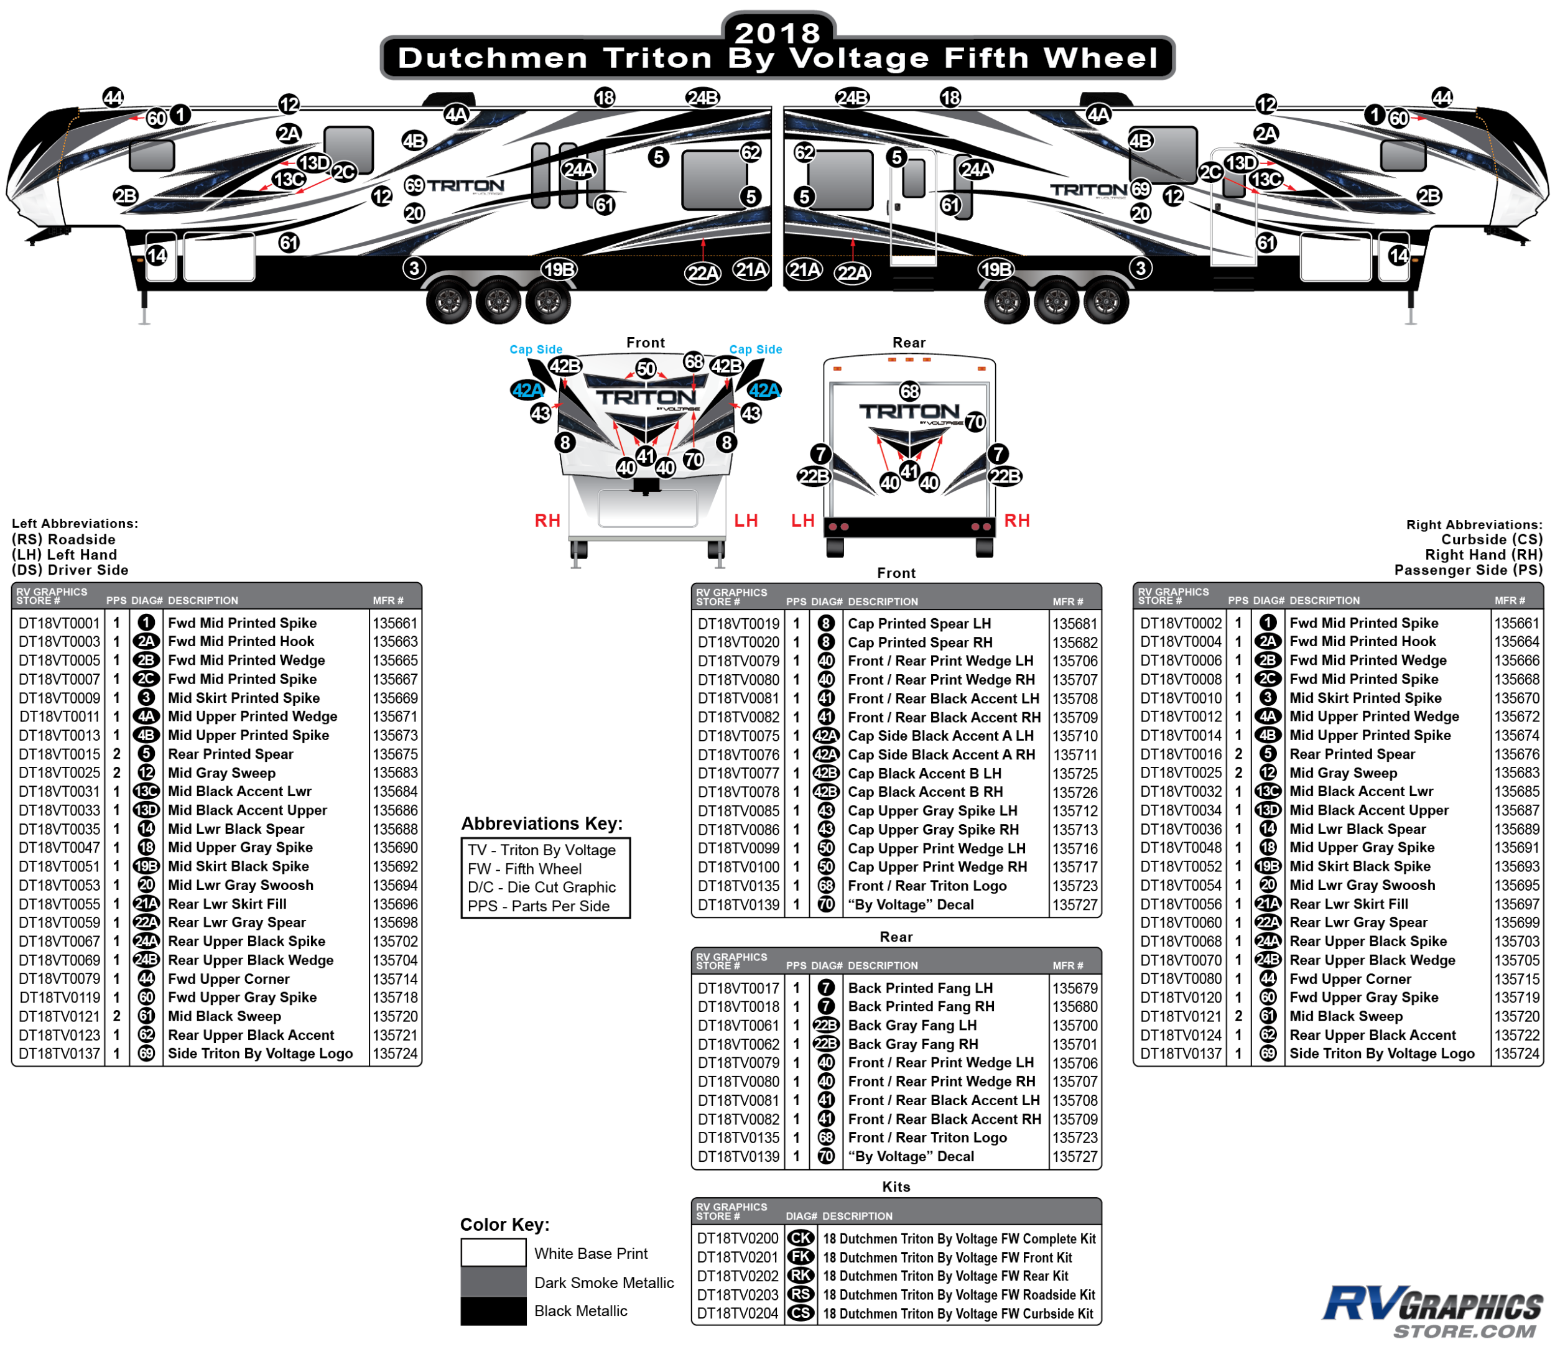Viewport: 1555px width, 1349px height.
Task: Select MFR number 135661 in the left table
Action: click(x=394, y=623)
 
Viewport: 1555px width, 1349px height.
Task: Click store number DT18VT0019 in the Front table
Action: click(x=738, y=624)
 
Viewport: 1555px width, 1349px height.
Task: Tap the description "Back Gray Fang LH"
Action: click(x=912, y=1026)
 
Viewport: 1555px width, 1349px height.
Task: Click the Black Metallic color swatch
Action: click(x=493, y=1310)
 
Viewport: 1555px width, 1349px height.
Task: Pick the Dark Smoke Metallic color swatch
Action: click(x=493, y=1282)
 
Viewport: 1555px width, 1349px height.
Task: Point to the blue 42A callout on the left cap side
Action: click(x=527, y=390)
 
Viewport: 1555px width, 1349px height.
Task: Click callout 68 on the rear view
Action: click(x=909, y=391)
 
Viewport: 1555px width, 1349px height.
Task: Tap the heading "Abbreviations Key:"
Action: click(x=542, y=823)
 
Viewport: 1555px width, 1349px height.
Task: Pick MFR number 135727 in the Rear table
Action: click(x=1075, y=1156)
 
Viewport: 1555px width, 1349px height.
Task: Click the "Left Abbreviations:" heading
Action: click(x=75, y=523)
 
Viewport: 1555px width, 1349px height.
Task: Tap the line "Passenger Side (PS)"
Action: click(x=1468, y=570)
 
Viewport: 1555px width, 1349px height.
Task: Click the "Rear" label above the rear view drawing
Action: click(x=909, y=343)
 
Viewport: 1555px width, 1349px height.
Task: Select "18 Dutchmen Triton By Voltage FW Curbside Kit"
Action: click(x=957, y=1314)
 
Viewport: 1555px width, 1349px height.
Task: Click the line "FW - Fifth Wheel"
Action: click(x=524, y=869)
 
